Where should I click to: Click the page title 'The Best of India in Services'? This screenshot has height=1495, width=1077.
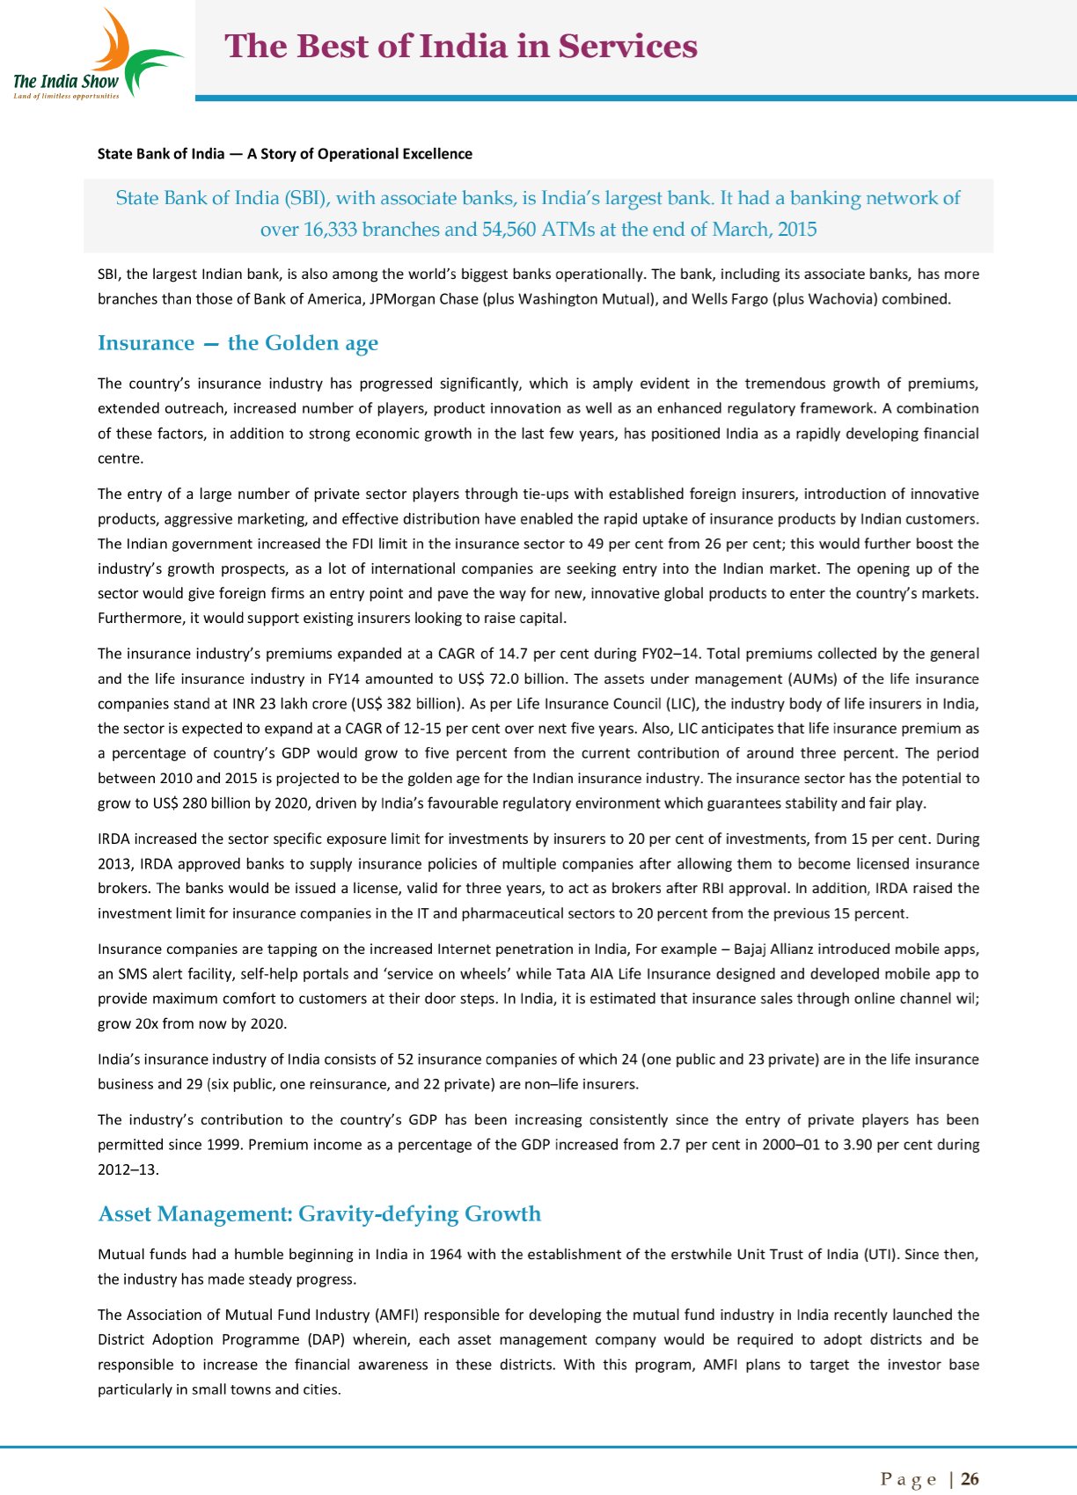(x=461, y=47)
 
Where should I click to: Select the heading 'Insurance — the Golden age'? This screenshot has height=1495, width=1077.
(x=238, y=343)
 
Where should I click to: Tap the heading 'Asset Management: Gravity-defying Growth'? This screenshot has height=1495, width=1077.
(x=319, y=1214)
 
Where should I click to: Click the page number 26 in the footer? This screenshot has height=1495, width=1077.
(x=970, y=1479)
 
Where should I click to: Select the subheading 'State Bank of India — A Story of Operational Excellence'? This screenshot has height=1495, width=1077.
(x=284, y=154)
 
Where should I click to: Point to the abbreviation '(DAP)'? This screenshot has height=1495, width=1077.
(x=330, y=1340)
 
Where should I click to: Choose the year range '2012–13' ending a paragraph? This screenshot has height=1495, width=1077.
(x=128, y=1170)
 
